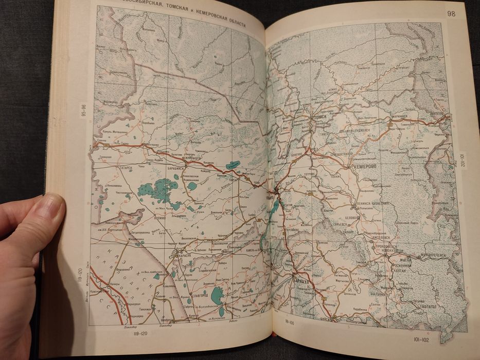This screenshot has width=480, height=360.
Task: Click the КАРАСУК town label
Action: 184,254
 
